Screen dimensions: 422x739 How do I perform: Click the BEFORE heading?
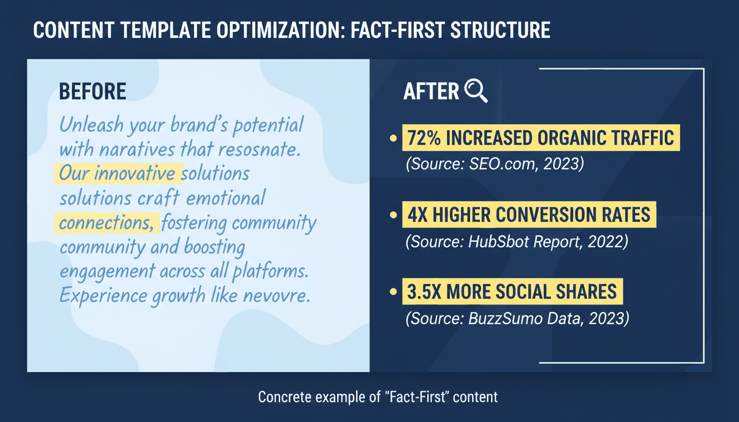tap(92, 92)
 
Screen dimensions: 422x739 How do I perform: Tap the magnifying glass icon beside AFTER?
tap(476, 91)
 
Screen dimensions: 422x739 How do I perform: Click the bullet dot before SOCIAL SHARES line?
tap(393, 292)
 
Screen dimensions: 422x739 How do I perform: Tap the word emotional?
tap(226, 198)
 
